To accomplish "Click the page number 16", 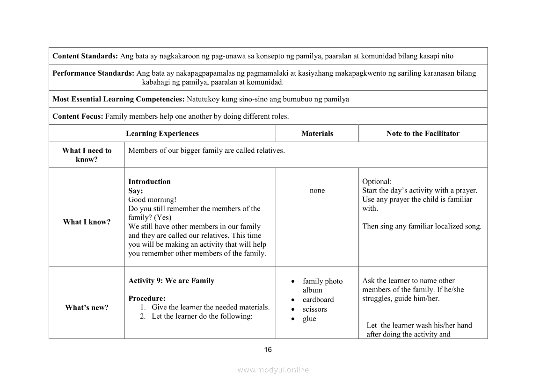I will [x=268, y=350].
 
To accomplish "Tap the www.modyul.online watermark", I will [x=273, y=370].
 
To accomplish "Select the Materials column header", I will [x=317, y=134].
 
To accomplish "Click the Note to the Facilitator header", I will [x=423, y=134].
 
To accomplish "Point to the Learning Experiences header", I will [x=162, y=134].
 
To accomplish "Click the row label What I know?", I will [x=87, y=222].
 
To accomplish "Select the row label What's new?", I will [x=87, y=307].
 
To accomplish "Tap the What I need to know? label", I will [x=87, y=155].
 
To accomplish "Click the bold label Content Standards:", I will [x=85, y=56].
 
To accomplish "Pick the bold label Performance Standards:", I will [x=94, y=73].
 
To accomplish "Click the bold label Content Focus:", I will [x=78, y=116].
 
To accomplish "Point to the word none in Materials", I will [x=317, y=191].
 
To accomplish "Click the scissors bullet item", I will [x=315, y=309].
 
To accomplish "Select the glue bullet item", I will [x=309, y=319].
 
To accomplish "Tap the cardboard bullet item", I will [x=318, y=300].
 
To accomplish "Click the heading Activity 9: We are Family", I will [x=171, y=281].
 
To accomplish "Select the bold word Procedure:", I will [x=147, y=299].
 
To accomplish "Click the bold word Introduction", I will [x=149, y=182].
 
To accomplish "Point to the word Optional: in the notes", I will [x=377, y=182].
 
